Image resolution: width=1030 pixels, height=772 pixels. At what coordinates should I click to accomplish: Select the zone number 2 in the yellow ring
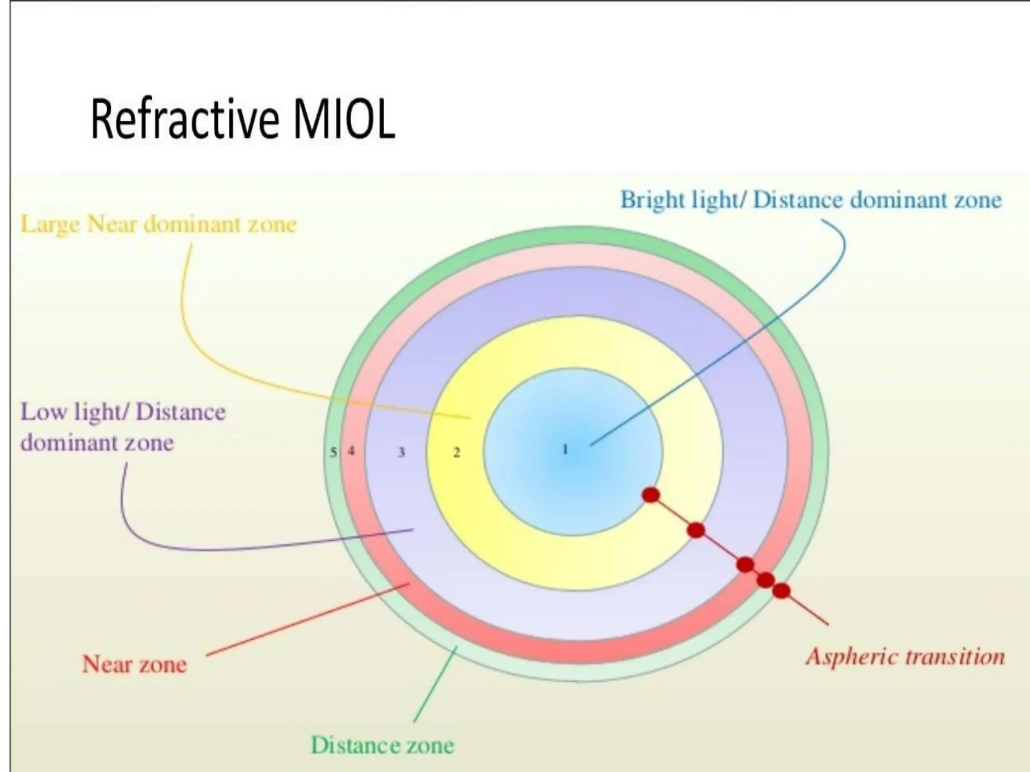coord(457,452)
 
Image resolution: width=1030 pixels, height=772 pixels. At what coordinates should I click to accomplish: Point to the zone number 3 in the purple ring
coord(401,452)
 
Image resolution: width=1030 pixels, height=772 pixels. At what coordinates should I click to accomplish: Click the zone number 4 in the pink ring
coord(351,451)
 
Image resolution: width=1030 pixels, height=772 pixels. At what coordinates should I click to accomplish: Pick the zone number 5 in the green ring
coord(333,452)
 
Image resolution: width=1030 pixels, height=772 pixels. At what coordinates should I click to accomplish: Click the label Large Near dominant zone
coord(158,225)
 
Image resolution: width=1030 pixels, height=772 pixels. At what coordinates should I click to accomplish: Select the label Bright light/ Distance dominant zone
coord(811,200)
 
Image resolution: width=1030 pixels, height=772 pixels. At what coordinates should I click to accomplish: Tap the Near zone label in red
coord(134,664)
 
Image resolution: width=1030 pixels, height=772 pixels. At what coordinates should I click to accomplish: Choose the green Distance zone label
coord(382,745)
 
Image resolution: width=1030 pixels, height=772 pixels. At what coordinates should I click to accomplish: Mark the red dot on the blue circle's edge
coord(651,495)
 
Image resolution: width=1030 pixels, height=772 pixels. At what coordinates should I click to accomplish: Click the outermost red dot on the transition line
coord(781,591)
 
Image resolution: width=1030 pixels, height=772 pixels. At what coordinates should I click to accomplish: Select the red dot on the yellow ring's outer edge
coord(696,530)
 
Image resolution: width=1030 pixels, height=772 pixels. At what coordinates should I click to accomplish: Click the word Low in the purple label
coord(43,412)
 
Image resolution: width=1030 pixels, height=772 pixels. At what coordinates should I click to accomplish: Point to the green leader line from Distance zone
coord(435,685)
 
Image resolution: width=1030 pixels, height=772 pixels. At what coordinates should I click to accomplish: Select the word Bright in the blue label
coord(652,200)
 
